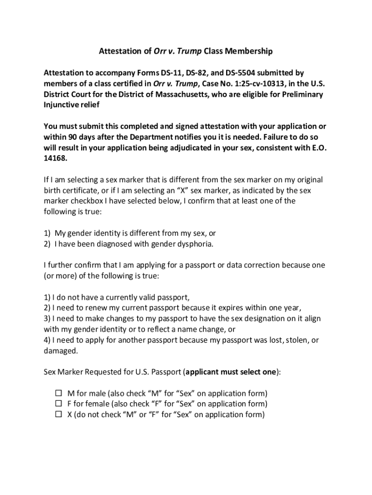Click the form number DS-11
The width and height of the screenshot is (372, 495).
pyautogui.click(x=178, y=73)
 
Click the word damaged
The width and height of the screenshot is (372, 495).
pyautogui.click(x=60, y=350)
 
